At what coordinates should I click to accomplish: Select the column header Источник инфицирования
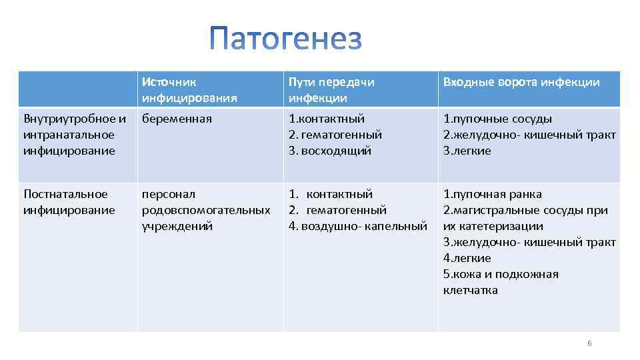point(189,90)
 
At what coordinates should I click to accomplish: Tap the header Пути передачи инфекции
point(331,90)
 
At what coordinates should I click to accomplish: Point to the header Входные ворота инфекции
point(521,82)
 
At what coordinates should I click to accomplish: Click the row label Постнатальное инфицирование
point(69,202)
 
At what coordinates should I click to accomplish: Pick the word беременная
point(177,119)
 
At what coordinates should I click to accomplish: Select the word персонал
point(169,194)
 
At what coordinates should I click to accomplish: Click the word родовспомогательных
point(206,210)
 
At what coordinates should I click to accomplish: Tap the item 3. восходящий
point(329,151)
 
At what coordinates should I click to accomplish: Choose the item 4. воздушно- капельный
point(357,226)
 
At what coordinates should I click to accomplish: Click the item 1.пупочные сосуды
point(497,119)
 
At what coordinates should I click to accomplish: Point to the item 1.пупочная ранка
point(492,194)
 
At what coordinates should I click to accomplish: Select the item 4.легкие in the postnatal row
point(467,258)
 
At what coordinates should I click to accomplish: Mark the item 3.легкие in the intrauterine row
point(467,151)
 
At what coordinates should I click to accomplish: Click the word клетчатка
point(470,290)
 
